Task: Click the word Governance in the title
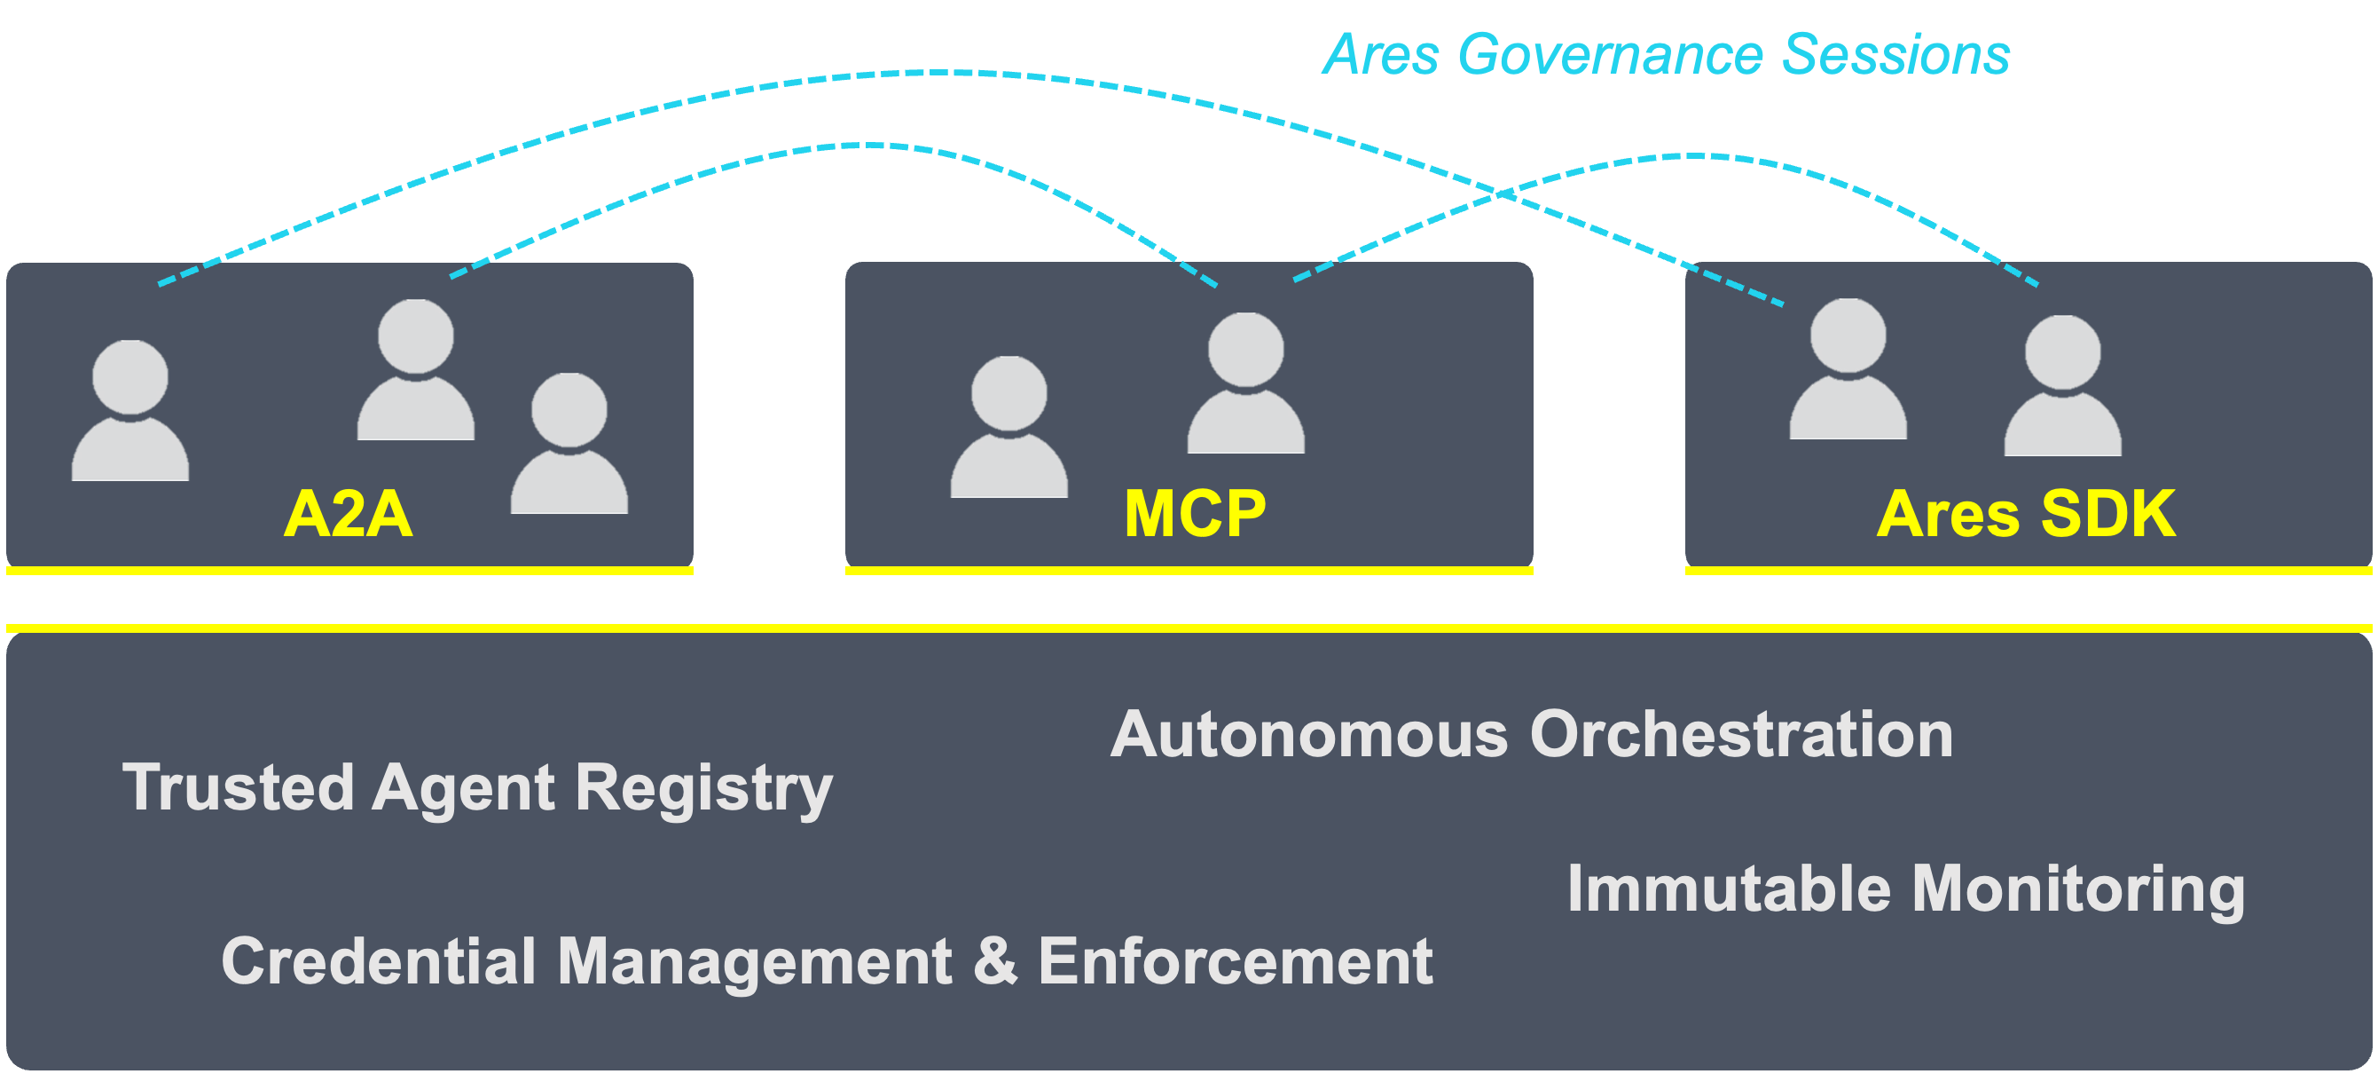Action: click(x=1610, y=55)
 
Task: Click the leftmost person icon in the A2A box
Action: click(x=130, y=411)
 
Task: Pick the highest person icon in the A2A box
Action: click(x=415, y=369)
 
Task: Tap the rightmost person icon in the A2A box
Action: click(x=569, y=443)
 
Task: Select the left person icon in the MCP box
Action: click(x=1009, y=427)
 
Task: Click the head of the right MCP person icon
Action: click(x=1246, y=349)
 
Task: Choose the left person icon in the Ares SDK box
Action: click(x=1848, y=368)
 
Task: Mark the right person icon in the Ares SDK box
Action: click(x=2062, y=385)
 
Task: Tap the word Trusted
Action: click(x=239, y=787)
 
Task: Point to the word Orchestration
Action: click(x=1741, y=735)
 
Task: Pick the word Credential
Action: click(x=379, y=961)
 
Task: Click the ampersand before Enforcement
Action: click(x=995, y=961)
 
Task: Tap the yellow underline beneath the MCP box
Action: click(x=1189, y=571)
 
